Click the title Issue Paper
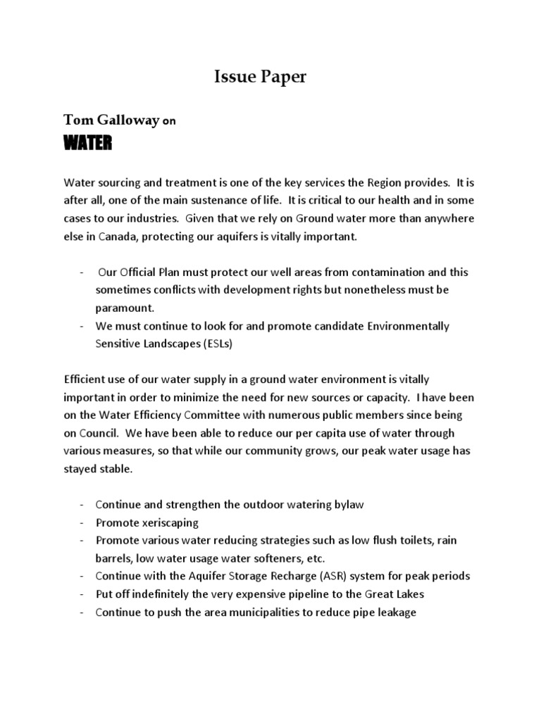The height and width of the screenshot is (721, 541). click(x=260, y=77)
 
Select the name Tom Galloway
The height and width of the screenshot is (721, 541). click(x=111, y=120)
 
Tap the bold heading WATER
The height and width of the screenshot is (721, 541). click(x=87, y=144)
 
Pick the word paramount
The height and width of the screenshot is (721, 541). click(x=125, y=308)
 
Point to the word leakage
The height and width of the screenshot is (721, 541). click(x=395, y=612)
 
